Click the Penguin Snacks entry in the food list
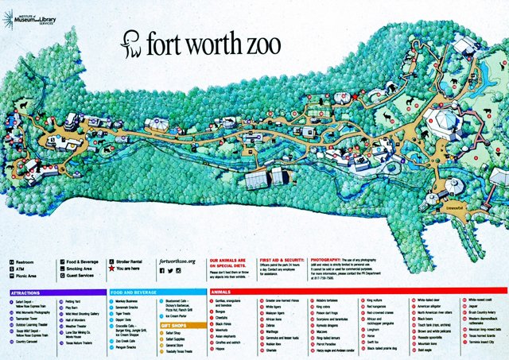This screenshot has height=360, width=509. pyautogui.click(x=130, y=347)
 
